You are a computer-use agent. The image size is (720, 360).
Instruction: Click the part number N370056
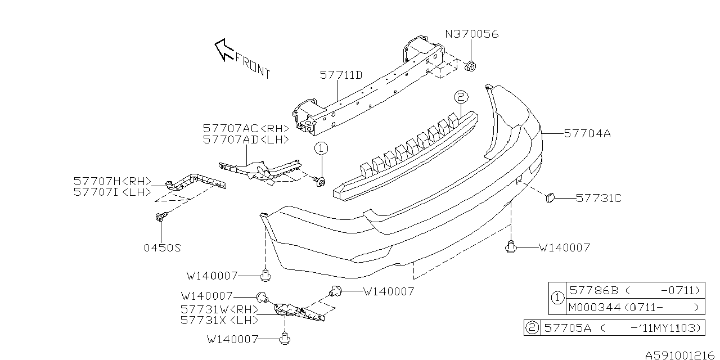point(472,35)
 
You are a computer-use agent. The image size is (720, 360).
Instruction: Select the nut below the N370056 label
point(471,66)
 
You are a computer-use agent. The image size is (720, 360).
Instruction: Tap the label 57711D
point(341,75)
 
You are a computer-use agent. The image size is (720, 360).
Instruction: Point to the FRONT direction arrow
point(225,48)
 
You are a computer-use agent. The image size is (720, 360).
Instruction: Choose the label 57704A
point(587,134)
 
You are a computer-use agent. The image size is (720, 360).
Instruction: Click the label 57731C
point(598,198)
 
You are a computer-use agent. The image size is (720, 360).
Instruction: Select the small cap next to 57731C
point(550,197)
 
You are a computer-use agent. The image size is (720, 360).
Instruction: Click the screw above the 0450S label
point(160,217)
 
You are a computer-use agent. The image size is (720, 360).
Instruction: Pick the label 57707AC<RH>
point(245,128)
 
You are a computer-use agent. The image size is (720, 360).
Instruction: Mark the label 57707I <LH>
point(112,192)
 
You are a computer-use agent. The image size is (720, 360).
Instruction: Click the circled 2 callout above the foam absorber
point(460,98)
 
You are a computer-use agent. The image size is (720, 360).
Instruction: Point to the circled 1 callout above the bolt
point(320,149)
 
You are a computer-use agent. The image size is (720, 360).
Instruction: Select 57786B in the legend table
point(594,290)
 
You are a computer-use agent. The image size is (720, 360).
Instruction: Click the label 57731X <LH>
point(219,320)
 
